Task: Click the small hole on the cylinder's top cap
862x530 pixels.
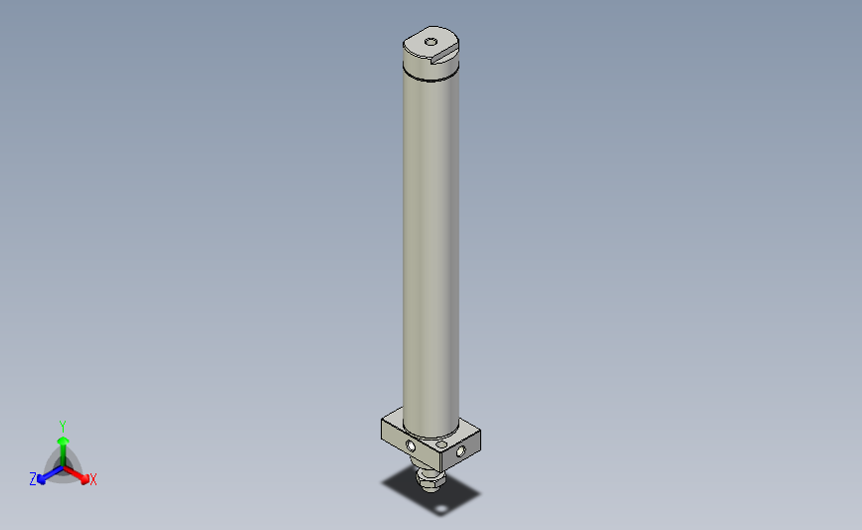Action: pos(430,42)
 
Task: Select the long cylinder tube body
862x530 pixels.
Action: pos(431,249)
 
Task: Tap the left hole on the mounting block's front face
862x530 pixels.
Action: pos(411,445)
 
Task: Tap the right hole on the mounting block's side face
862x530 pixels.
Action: pos(459,452)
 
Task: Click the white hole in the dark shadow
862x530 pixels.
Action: pos(440,513)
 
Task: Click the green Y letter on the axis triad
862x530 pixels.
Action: pos(62,425)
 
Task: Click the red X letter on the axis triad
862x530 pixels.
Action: pos(93,480)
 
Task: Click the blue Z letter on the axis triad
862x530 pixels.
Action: pos(33,479)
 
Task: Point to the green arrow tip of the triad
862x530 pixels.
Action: pos(62,438)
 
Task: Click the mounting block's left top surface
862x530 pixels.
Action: pos(393,424)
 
